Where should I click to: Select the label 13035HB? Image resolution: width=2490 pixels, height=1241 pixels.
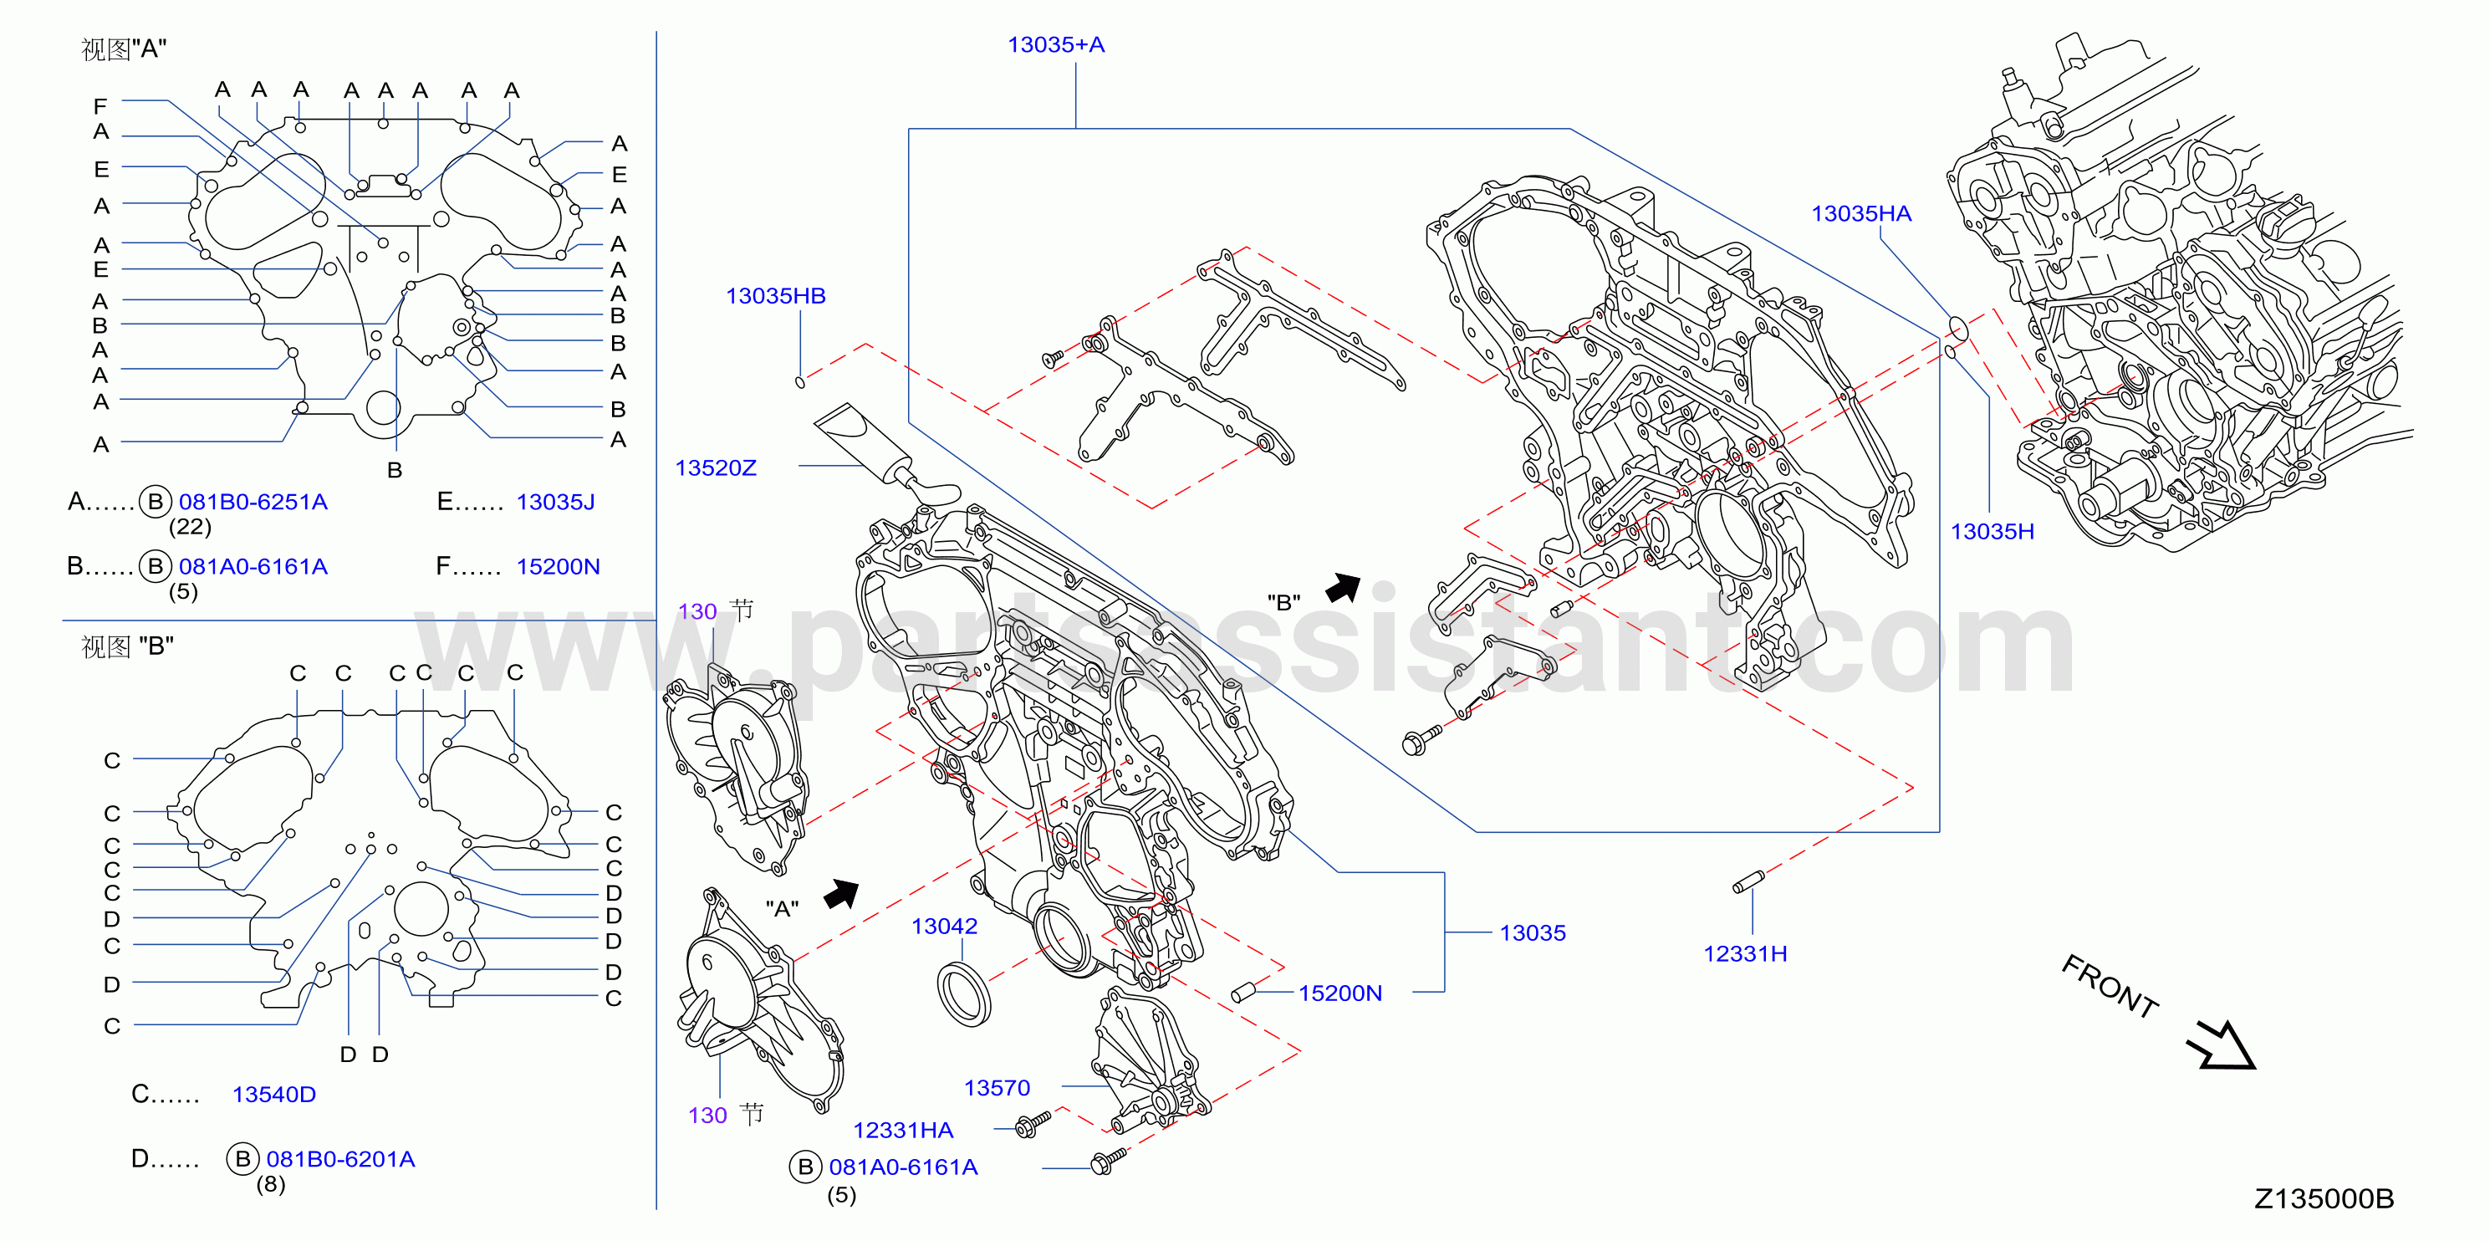[775, 296]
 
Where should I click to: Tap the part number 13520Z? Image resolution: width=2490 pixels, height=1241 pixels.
[715, 467]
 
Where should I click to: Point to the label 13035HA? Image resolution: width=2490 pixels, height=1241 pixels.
[1860, 213]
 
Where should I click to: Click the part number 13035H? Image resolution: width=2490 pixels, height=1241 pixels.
[1993, 532]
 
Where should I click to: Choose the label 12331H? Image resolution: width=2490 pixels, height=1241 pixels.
[1745, 954]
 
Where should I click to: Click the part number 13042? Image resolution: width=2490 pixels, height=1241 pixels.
[944, 926]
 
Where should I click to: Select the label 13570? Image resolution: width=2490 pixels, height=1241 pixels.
[997, 1088]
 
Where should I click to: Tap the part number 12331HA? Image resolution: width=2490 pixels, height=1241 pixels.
[903, 1130]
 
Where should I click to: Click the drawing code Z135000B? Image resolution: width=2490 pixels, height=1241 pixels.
[2324, 1198]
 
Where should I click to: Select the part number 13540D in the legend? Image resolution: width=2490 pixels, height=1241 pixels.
[273, 1094]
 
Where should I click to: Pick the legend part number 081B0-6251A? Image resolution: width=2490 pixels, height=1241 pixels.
[253, 502]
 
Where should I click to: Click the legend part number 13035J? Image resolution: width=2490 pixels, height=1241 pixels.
[556, 502]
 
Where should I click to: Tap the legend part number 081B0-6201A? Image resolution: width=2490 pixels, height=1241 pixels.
[340, 1159]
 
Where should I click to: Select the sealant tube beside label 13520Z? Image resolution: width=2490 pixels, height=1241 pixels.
[885, 454]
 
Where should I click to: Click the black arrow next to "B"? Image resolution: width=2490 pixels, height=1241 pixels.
[1343, 587]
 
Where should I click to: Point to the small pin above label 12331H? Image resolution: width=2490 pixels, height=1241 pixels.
[1748, 882]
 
